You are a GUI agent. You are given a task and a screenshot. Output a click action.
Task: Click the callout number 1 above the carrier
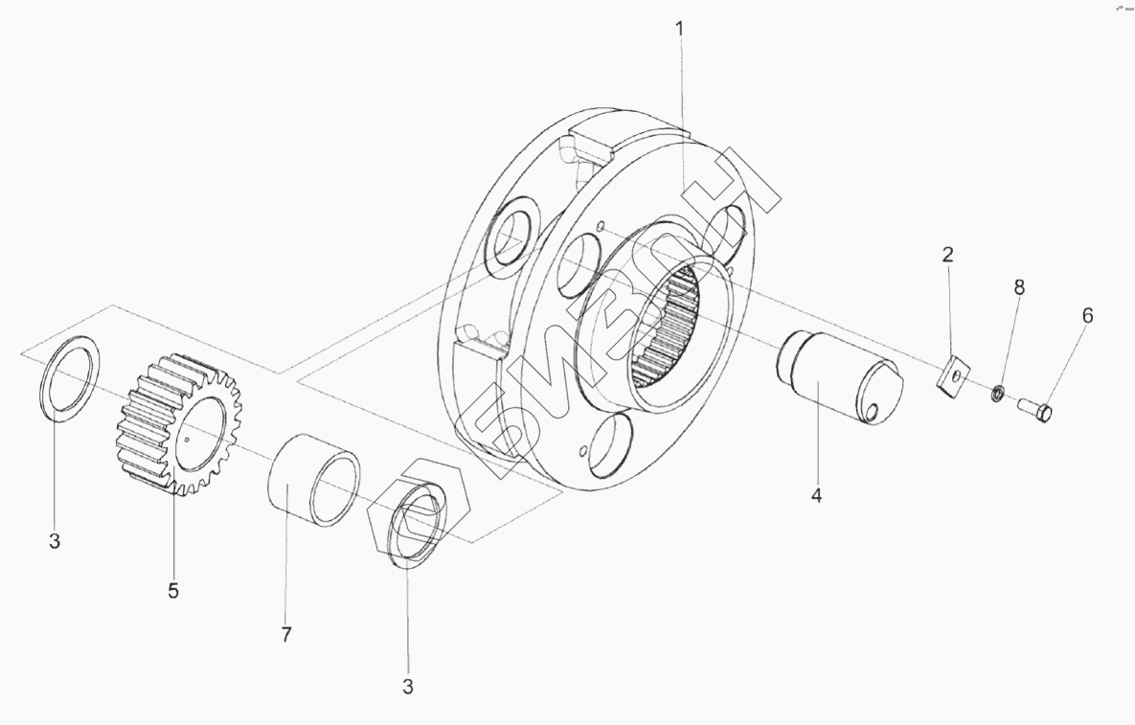click(x=680, y=29)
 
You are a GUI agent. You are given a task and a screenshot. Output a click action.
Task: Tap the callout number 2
click(x=947, y=255)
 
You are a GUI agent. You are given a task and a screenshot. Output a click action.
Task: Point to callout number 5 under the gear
click(x=173, y=591)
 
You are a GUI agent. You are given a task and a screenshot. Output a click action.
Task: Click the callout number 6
click(x=1087, y=315)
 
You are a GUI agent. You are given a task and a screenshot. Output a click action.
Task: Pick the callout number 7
click(x=286, y=634)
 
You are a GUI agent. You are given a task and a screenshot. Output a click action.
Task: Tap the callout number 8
click(x=1019, y=286)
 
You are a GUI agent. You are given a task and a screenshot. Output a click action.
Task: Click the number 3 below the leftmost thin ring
click(x=55, y=541)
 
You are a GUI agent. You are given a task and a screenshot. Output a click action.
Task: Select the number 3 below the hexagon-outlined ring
click(x=408, y=687)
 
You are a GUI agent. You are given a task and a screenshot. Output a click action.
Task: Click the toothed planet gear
click(x=179, y=422)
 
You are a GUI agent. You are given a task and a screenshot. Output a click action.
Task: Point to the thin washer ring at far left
click(x=71, y=377)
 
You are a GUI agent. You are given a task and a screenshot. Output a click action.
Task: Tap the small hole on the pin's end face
click(x=874, y=411)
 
